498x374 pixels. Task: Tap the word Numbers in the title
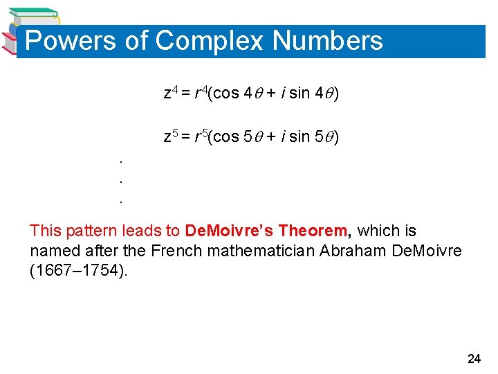tap(327, 41)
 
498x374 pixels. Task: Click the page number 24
tap(474, 359)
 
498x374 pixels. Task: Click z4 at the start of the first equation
tap(170, 93)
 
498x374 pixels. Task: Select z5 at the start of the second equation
tap(170, 136)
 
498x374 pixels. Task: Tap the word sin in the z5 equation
tap(299, 137)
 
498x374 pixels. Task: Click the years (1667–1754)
tap(79, 270)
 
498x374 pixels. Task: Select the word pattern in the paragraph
tap(84, 231)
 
